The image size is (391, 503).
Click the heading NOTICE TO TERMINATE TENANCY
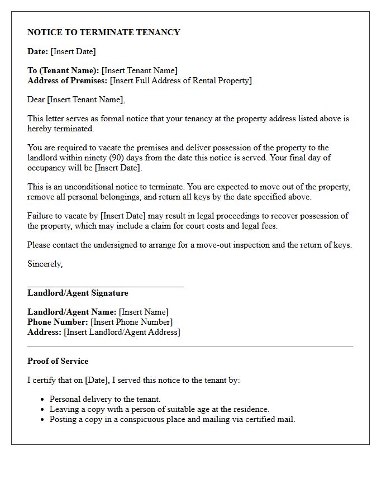coord(104,32)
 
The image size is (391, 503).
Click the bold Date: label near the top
coord(37,51)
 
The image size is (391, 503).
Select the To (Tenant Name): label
coord(63,70)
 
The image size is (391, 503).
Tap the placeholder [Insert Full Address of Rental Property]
coord(181,80)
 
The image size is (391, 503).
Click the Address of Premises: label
coord(68,80)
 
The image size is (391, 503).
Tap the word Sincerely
coord(45,264)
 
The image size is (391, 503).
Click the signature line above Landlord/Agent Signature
coord(105,286)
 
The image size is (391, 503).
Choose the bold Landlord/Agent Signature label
coord(78,293)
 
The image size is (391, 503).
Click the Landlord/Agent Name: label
coord(72,312)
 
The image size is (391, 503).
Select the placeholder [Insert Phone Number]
coord(132,322)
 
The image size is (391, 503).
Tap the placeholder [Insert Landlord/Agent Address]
coord(122,332)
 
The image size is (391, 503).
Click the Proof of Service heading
coord(58,361)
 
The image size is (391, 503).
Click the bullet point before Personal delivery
coord(43,400)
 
